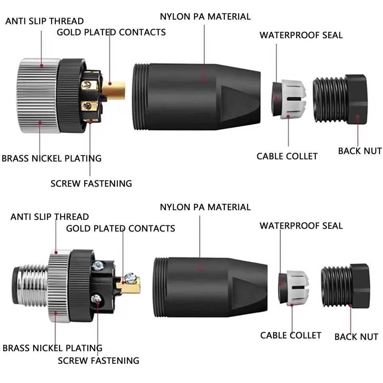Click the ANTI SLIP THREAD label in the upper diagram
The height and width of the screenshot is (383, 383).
[x=44, y=21]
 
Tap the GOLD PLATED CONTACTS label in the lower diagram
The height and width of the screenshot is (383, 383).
[x=120, y=229]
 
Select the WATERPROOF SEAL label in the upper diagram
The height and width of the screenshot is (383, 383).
[x=301, y=35]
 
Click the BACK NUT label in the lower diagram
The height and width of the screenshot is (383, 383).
[x=356, y=337]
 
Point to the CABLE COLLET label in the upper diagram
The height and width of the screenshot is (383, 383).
[x=287, y=156]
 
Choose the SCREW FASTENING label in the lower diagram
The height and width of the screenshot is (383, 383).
[x=99, y=361]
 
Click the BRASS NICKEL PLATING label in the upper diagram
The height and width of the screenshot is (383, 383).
[x=51, y=158]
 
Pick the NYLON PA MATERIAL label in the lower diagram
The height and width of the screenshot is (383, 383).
[x=205, y=207]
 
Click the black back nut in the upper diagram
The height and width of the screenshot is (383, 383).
[x=340, y=100]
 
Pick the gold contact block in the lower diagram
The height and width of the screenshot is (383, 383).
[x=130, y=284]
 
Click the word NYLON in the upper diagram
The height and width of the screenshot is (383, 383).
[x=175, y=17]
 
